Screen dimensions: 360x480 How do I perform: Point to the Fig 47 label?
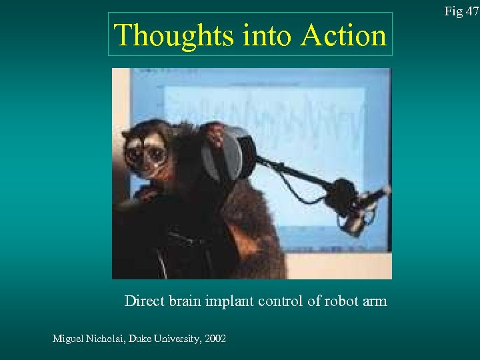[x=461, y=11]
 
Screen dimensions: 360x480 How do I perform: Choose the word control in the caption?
[x=283, y=301]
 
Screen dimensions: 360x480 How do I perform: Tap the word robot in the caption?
[x=341, y=301]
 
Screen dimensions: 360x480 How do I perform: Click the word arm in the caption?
[x=375, y=301]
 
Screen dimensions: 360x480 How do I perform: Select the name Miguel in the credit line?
[x=68, y=339]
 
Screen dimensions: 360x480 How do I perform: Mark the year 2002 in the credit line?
[x=216, y=339]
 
